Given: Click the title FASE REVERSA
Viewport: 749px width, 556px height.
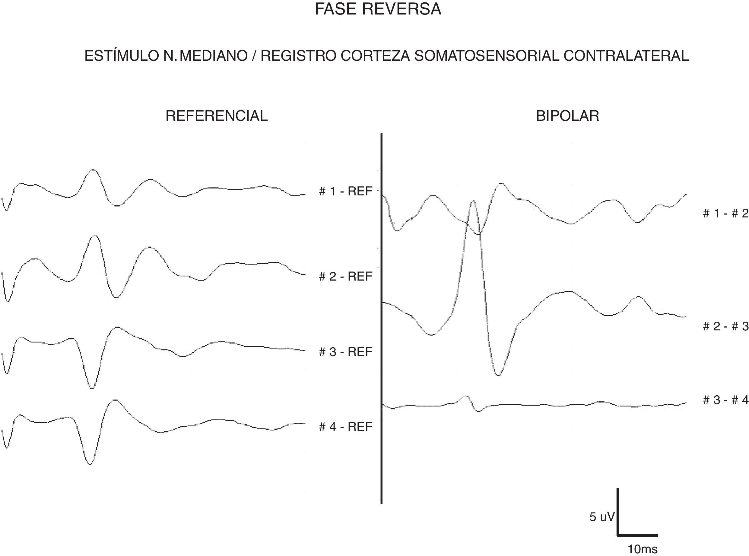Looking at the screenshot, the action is [x=378, y=9].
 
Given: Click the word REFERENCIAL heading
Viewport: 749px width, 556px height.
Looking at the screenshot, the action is [x=217, y=116].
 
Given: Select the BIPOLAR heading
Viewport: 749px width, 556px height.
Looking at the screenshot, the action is [x=567, y=116].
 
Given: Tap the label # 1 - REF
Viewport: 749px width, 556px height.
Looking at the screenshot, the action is [x=346, y=191].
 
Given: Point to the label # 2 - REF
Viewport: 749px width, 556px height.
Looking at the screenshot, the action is [x=346, y=276].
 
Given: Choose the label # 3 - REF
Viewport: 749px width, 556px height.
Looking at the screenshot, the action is [x=346, y=352].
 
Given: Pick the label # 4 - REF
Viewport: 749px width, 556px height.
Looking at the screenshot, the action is [x=346, y=427].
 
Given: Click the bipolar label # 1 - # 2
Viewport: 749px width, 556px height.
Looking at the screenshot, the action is [x=725, y=214].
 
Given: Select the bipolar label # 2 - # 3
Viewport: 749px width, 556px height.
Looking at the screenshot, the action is [x=725, y=326].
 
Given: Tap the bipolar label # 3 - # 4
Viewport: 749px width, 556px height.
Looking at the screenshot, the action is [x=725, y=400].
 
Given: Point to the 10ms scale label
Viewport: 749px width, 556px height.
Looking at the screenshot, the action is [x=643, y=549].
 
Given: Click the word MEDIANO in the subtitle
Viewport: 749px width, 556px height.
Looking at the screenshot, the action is [x=214, y=56].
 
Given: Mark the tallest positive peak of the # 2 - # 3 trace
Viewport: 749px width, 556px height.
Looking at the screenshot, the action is [x=473, y=201].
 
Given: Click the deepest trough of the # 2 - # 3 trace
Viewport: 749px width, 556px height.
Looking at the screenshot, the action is [x=499, y=375].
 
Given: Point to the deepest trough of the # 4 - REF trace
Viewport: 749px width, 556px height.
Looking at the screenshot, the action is [x=89, y=464].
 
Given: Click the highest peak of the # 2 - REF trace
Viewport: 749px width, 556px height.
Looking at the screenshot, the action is [x=95, y=235].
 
